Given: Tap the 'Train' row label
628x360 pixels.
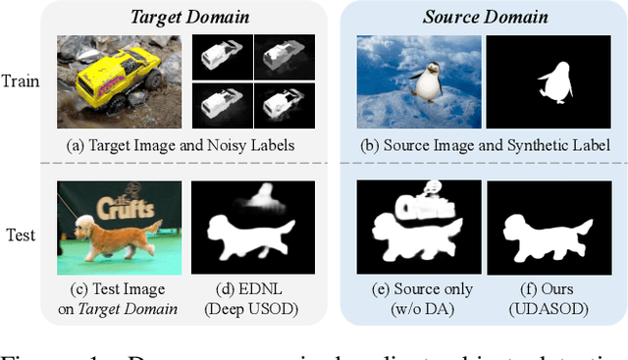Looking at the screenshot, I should pyautogui.click(x=22, y=80).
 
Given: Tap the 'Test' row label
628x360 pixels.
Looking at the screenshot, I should pyautogui.click(x=22, y=236).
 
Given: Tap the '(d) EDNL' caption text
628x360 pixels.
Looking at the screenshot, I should pyautogui.click(x=252, y=289).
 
